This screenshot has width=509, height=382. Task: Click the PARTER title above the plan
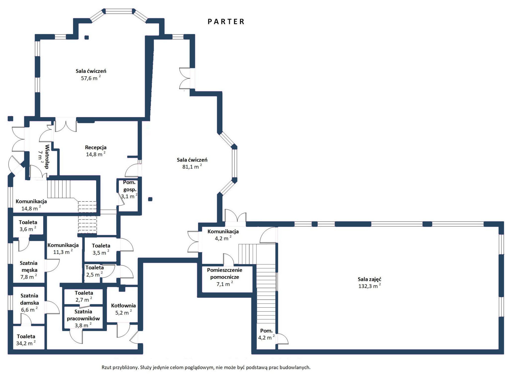226,22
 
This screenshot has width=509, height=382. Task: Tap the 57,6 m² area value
91,78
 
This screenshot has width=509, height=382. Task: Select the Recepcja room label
96,147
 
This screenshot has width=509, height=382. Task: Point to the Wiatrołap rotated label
47,157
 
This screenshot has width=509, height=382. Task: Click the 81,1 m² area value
192,167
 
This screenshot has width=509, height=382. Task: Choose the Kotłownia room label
123,305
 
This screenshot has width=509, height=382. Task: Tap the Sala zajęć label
370,279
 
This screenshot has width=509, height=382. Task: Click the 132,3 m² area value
370,286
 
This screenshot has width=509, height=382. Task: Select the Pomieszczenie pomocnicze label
224,274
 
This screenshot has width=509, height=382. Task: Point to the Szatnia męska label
29,266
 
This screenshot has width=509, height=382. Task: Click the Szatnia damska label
30,299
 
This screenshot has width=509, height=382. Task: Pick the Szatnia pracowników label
83,315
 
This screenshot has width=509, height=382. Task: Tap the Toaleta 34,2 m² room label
26,340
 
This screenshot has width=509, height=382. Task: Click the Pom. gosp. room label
130,186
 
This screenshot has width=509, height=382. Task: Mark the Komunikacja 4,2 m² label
223,235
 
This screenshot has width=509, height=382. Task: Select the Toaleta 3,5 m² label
101,249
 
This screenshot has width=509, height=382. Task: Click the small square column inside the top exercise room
87,37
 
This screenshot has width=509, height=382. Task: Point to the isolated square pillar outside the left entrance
10,118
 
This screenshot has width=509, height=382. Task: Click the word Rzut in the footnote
107,367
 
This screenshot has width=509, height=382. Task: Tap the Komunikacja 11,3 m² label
63,249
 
